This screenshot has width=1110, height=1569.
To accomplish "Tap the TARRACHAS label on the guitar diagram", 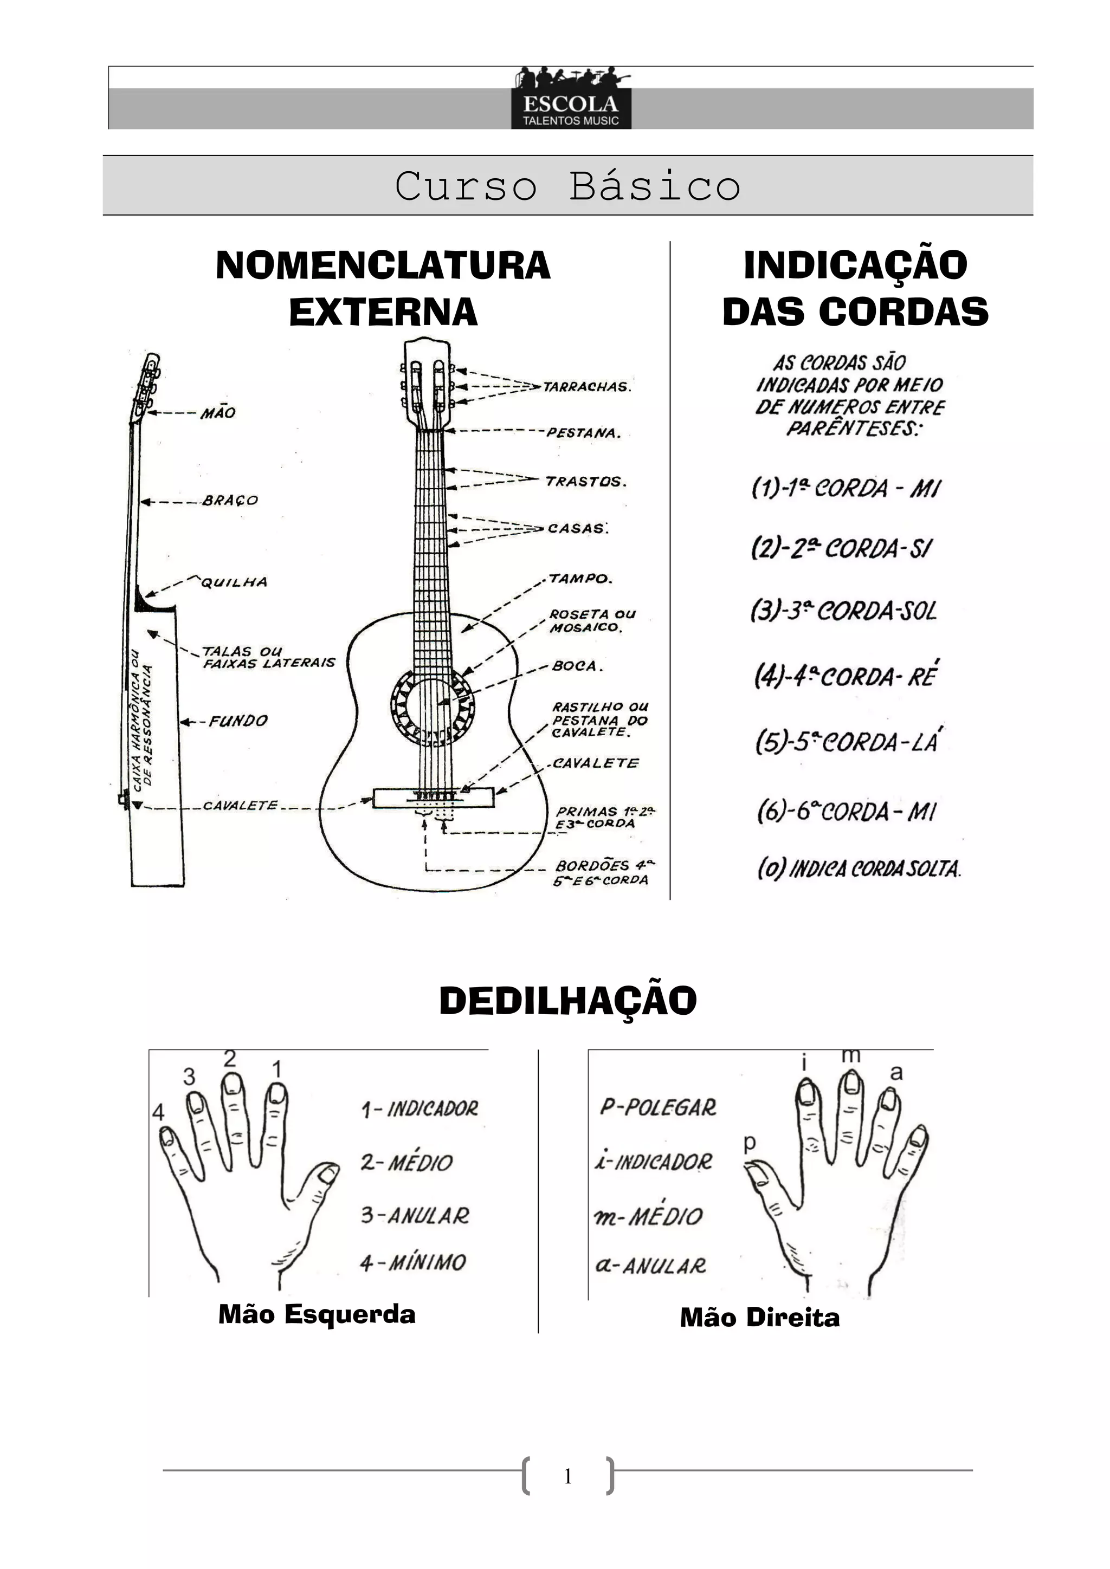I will pos(586,387).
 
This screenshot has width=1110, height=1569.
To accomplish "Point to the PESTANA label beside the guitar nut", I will pos(583,432).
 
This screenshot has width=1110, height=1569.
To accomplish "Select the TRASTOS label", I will pos(585,481).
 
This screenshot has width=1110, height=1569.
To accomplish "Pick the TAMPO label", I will pos(580,579).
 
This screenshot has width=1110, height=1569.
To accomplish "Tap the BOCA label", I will pos(577,666).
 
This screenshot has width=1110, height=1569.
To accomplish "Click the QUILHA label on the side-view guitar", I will pos(234,582).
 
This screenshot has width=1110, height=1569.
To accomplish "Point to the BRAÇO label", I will pos(230,500).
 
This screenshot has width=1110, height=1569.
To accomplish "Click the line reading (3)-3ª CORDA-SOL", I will pos(843,610).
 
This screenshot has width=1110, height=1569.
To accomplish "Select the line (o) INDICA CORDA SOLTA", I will pos(859,868).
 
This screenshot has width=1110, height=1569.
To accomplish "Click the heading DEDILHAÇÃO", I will pos(567,1001).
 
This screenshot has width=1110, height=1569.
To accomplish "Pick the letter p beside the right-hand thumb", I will pos(750,1143).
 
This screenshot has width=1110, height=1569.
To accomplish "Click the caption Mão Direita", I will pos(759,1318).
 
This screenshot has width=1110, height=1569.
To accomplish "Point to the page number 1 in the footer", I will pos(567,1477).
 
